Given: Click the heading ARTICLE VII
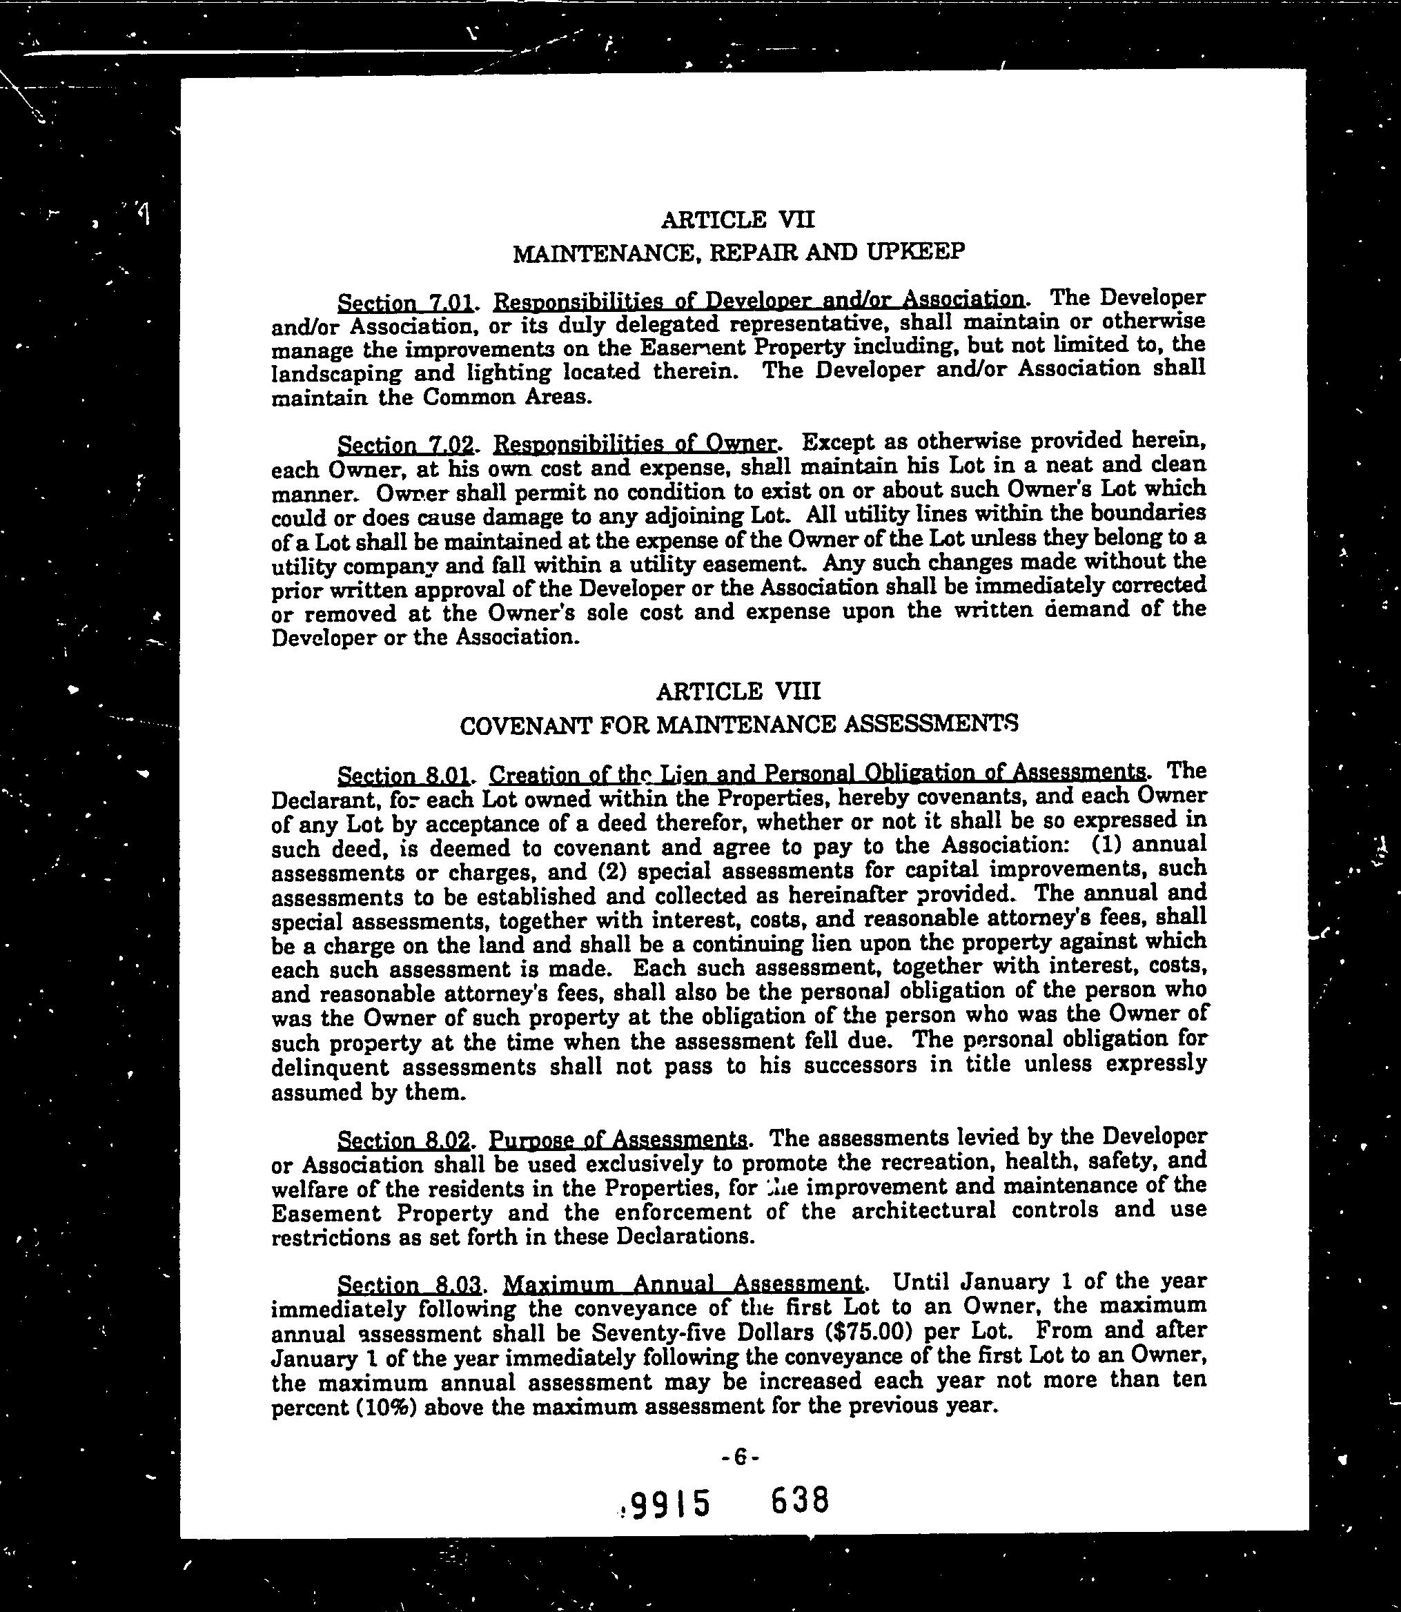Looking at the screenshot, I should pyautogui.click(x=737, y=219).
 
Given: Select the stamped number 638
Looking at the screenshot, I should pyautogui.click(x=799, y=1501).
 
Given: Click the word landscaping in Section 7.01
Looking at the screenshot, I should pyautogui.click(x=336, y=374).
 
